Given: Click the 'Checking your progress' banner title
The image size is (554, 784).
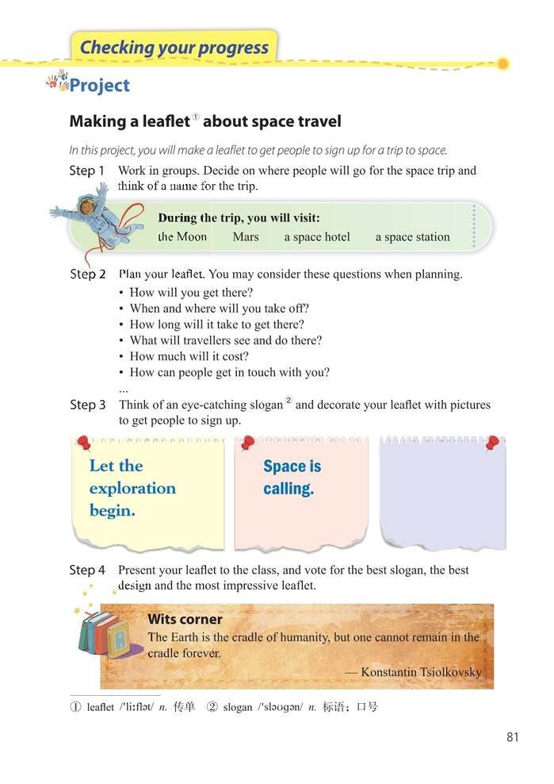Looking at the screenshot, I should tap(174, 47).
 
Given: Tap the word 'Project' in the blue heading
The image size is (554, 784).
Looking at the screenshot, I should tap(99, 86).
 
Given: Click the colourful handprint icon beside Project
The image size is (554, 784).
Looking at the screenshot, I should tap(57, 80).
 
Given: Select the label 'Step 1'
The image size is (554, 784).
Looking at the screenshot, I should tap(86, 171).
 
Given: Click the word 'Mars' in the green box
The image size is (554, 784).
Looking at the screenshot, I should tap(246, 236).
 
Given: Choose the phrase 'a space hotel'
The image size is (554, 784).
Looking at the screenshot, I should tap(317, 236).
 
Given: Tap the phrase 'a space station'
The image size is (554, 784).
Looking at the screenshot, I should tap(412, 236).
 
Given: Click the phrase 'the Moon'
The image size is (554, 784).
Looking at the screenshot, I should tap(182, 236).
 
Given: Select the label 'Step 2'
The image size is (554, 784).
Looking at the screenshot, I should tap(87, 275).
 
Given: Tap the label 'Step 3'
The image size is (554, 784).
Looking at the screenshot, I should tap(87, 405).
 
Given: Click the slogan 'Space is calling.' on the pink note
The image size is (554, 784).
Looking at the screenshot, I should tap(292, 477).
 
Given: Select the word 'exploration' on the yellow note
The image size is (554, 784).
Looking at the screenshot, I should tap(132, 488).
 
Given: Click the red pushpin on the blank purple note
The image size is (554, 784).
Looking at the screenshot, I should tap(492, 442).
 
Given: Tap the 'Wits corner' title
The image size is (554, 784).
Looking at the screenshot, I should tap(185, 619).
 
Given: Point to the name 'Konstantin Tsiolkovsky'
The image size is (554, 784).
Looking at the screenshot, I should tap(421, 671).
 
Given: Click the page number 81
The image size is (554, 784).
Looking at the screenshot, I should tap(512, 737).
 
